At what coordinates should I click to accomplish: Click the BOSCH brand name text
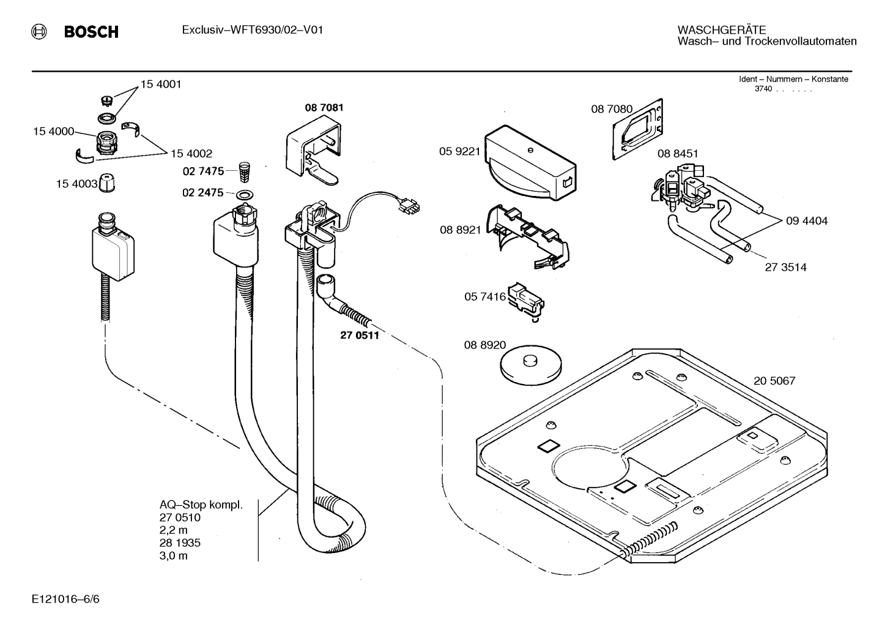91,32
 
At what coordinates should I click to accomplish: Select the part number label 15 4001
161,85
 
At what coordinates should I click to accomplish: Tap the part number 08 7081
324,108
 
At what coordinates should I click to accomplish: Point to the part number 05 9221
459,151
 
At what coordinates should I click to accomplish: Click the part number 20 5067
774,381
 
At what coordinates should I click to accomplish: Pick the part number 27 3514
785,267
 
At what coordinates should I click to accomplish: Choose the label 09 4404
807,220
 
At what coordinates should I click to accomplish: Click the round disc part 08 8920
531,366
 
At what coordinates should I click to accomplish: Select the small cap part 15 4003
106,183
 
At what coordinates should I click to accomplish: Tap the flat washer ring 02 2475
245,195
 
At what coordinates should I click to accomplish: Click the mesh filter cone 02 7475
245,172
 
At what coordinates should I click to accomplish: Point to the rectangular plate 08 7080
637,129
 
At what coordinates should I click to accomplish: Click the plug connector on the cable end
409,206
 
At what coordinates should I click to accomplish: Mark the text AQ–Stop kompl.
201,505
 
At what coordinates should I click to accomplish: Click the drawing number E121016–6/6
66,599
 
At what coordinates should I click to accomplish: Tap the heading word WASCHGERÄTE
722,30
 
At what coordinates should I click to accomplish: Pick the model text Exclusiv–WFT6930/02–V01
253,30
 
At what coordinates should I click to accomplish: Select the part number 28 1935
180,543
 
